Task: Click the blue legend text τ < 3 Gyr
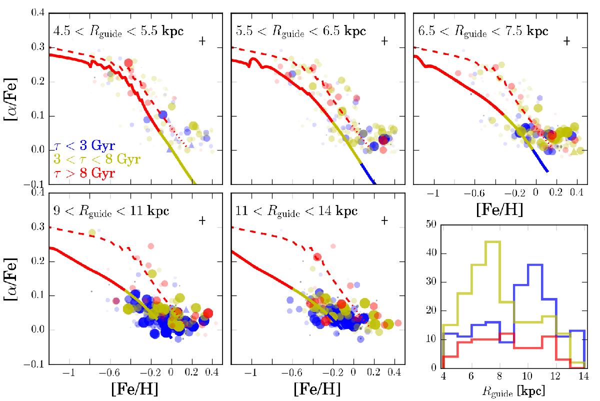84,146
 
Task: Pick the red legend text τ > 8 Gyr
84,173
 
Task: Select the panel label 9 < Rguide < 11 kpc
111,210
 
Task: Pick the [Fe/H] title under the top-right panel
499,210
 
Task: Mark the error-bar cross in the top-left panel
202,41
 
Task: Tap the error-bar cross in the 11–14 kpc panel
384,220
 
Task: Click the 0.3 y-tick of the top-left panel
38,47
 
